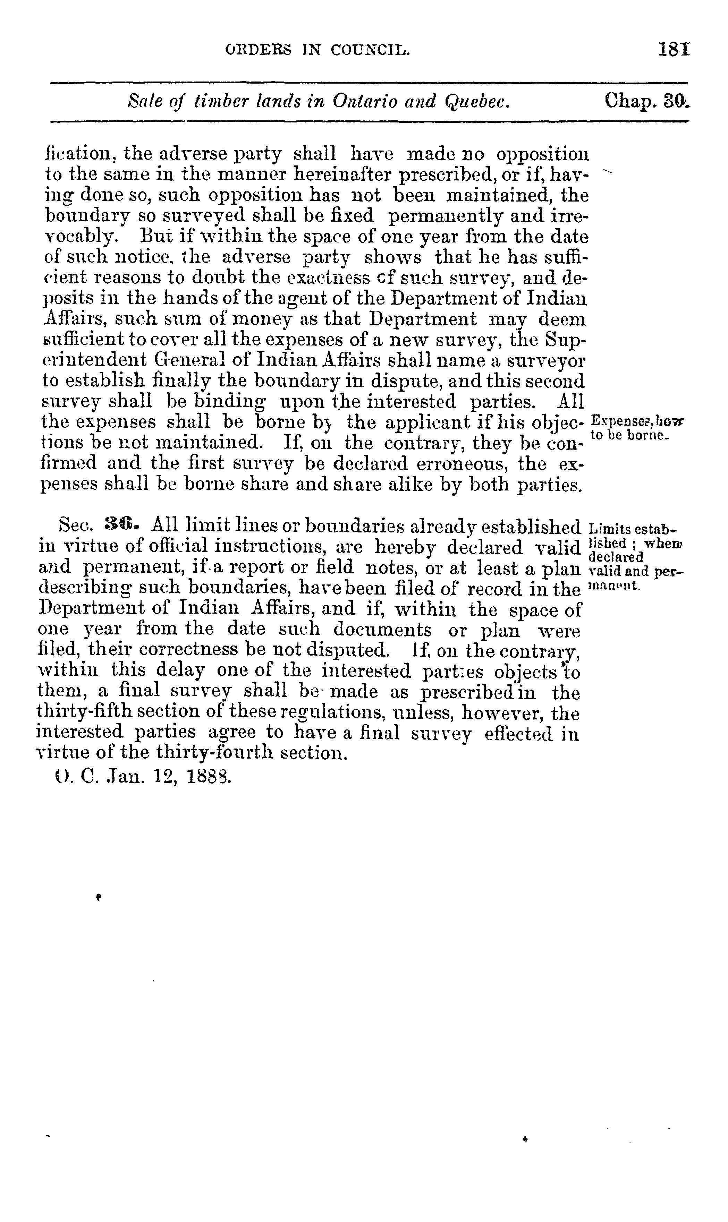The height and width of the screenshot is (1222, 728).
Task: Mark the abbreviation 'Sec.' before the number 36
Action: [x=75, y=526]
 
